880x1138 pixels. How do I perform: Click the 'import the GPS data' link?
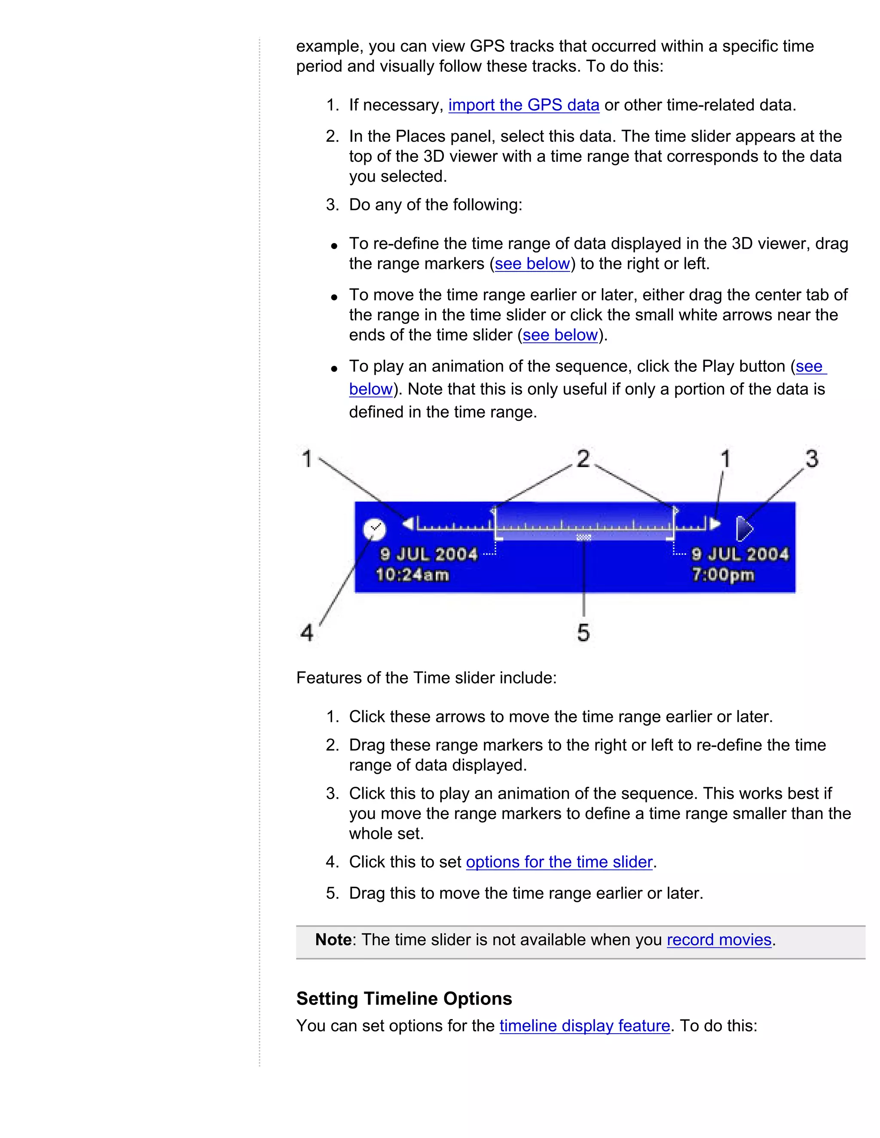[523, 105]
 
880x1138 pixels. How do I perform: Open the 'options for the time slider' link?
[559, 862]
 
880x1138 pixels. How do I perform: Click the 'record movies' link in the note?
[718, 940]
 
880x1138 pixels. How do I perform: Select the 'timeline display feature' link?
[584, 1025]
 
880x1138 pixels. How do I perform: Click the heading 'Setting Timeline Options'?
[404, 998]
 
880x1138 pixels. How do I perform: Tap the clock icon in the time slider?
[374, 529]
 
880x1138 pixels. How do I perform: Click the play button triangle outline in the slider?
[744, 529]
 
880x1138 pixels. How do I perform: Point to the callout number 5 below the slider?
[584, 633]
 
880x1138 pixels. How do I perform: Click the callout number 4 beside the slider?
[307, 633]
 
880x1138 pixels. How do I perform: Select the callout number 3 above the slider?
[812, 459]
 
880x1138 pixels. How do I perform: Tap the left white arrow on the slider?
[408, 523]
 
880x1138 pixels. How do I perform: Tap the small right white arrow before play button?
[715, 523]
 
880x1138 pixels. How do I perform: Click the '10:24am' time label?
[412, 575]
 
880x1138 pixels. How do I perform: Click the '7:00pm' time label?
[723, 575]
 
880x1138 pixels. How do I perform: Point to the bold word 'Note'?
[333, 940]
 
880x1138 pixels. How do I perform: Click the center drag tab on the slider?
[584, 537]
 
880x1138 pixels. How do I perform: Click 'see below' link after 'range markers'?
[532, 264]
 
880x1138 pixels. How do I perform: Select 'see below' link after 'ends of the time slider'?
[560, 335]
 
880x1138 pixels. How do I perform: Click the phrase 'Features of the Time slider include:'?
[426, 678]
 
